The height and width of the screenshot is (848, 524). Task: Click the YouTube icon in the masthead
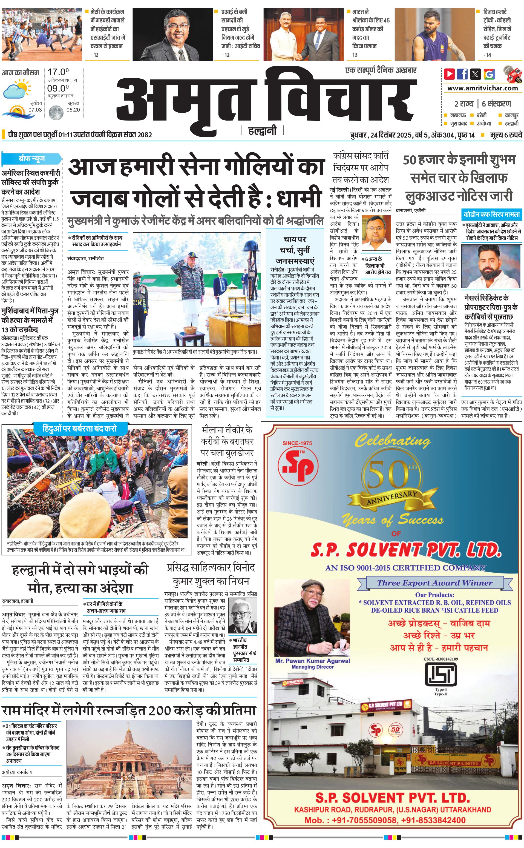[450, 74]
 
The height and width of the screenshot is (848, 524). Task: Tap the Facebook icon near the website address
[462, 74]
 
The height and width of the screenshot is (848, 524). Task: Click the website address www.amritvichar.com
[482, 88]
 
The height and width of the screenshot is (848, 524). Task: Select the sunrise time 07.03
[35, 110]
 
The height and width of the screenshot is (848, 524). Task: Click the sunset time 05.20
[73, 110]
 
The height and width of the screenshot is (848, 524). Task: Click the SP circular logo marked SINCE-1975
[297, 464]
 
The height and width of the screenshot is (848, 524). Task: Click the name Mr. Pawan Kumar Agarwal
[313, 661]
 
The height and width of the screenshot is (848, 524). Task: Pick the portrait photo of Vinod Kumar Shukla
[243, 616]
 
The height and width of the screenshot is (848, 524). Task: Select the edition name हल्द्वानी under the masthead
[262, 131]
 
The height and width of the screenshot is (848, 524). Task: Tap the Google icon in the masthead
[489, 74]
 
